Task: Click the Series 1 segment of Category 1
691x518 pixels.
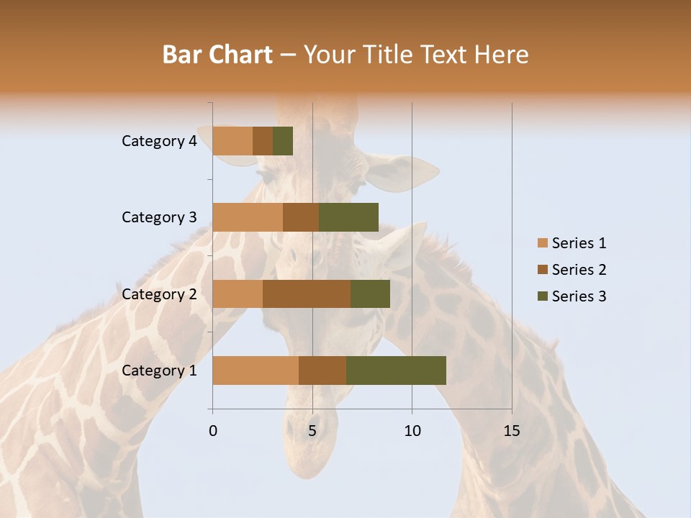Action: pos(256,371)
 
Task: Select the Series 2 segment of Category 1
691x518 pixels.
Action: pos(322,371)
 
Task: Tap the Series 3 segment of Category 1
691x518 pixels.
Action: pos(396,371)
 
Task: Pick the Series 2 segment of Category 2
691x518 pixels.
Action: pos(307,294)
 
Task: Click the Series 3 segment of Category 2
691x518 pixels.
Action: pos(370,294)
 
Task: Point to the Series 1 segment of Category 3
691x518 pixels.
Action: pos(248,217)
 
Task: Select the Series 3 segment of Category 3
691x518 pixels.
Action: pos(348,217)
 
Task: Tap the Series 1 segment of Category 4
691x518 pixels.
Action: pos(232,141)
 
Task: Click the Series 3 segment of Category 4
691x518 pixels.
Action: pos(283,141)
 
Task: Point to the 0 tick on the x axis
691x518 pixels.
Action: pos(213,431)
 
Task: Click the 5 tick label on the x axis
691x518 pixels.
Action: pos(312,431)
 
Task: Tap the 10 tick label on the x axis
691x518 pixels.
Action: pos(412,431)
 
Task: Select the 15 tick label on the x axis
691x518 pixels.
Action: pos(512,431)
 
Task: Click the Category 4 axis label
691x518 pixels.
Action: pos(159,141)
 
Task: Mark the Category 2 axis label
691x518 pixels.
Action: pos(159,294)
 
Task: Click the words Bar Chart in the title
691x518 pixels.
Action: pos(217,55)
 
